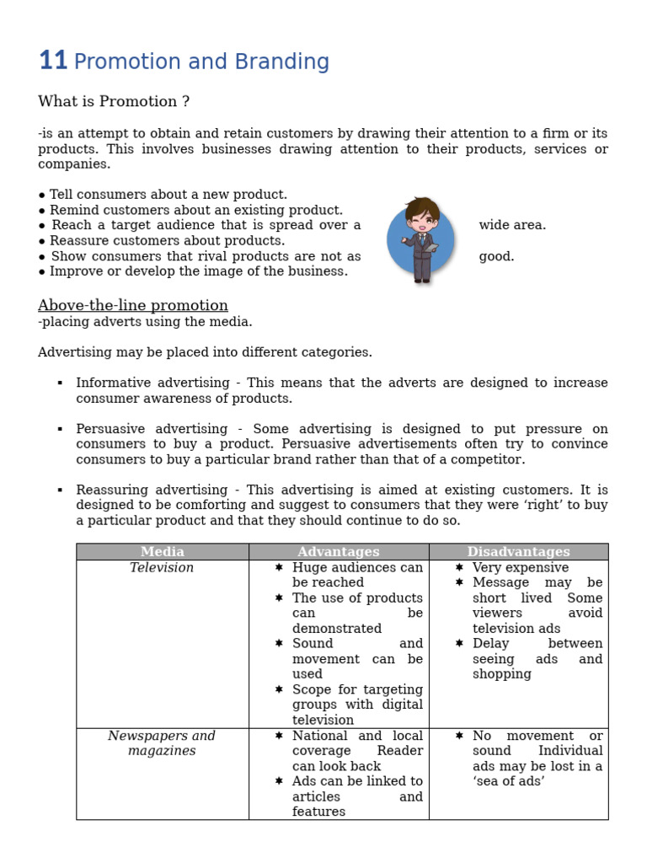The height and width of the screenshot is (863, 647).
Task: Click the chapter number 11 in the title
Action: coord(52,61)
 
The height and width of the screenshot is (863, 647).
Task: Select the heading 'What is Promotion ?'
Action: coord(114,101)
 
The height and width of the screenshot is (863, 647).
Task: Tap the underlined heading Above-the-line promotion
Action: coord(133,305)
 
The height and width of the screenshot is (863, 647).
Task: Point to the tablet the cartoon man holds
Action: coord(430,247)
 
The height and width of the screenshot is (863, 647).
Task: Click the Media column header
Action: coord(162,552)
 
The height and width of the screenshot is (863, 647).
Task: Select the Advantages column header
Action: coord(339,552)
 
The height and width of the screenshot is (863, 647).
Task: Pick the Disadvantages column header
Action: coord(518,552)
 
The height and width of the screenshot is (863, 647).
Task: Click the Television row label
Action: coord(162,568)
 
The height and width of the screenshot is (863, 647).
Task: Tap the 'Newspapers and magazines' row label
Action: coord(162,743)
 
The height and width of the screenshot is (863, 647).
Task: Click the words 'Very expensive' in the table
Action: coord(520,568)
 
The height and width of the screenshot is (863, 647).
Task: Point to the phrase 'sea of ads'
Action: coord(509,781)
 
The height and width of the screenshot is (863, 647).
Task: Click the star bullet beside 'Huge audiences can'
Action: coord(279,568)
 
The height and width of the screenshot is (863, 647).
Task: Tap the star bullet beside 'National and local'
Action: coord(279,736)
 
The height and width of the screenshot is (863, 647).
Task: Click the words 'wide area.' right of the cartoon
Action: coord(512,225)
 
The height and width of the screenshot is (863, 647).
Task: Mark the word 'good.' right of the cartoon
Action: coord(496,256)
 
